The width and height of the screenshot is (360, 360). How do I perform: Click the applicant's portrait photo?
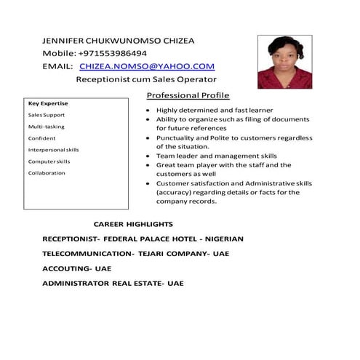[284, 62]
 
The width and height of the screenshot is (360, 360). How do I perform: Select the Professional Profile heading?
[188, 96]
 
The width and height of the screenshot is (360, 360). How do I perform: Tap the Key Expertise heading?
[48, 103]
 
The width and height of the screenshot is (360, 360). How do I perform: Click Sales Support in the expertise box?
[47, 115]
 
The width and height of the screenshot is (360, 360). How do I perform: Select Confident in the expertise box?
[41, 138]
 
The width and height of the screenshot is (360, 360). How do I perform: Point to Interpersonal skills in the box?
[54, 150]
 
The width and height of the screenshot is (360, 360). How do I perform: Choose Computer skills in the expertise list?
[49, 161]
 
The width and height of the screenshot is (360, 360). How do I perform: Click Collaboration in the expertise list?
[47, 173]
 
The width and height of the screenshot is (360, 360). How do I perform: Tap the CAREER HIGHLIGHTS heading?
[133, 225]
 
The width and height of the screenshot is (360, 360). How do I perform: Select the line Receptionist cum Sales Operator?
[146, 79]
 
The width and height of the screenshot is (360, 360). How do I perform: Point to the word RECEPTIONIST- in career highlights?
[71, 239]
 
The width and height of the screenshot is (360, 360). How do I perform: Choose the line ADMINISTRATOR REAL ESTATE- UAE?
[113, 283]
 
